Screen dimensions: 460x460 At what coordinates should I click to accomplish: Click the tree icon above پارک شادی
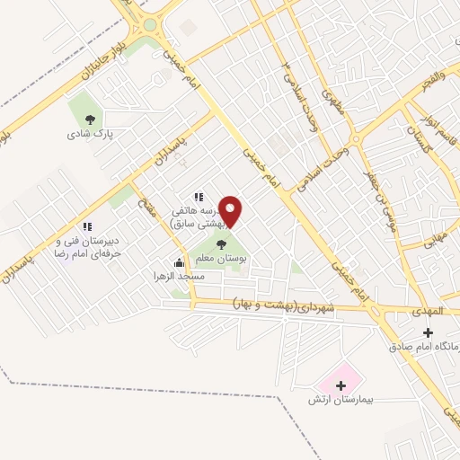tap(89, 118)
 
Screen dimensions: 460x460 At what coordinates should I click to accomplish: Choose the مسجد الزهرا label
tap(179, 277)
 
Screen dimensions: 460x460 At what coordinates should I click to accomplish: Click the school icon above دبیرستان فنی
tap(87, 227)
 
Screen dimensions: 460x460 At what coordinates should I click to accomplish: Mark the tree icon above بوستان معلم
tap(221, 243)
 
